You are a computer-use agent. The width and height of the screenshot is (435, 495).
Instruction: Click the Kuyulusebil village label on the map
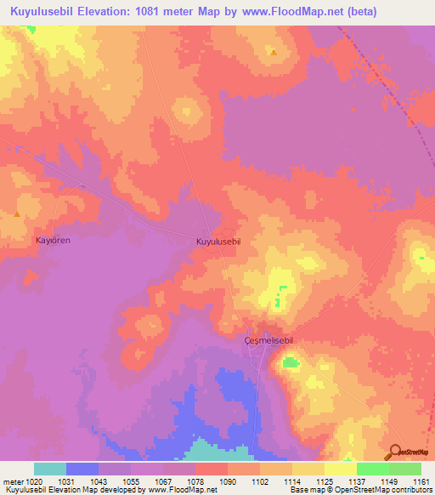[x=219, y=242]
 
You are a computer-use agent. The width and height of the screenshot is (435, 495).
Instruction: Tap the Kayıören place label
[x=52, y=241]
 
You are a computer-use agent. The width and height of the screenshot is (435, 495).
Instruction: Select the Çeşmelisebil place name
[x=268, y=340]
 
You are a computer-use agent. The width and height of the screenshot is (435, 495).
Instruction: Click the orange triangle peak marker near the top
[x=274, y=53]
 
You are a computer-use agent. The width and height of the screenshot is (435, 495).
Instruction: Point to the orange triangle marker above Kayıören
[x=16, y=214]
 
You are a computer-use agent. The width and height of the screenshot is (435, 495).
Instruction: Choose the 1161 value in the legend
[x=421, y=481]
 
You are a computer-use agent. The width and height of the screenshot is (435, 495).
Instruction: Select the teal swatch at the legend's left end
[x=50, y=469]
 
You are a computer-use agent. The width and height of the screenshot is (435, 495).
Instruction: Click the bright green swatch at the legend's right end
[x=405, y=469]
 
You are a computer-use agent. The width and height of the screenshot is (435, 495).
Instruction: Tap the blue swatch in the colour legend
[x=82, y=469]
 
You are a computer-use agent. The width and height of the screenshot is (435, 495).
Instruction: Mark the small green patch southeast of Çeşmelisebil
[x=291, y=363]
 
